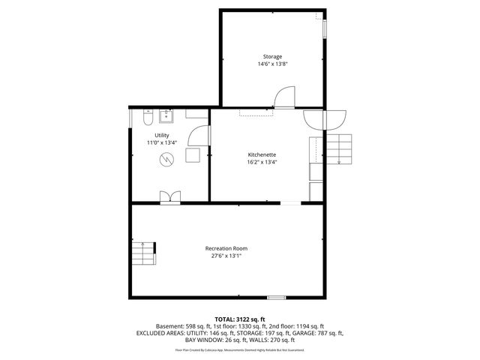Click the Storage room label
point(272,57)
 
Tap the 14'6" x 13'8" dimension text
point(272,64)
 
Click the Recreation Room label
point(226,248)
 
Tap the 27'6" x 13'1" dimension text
point(226,256)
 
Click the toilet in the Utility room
point(147,118)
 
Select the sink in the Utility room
point(166,117)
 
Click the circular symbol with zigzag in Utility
point(169,158)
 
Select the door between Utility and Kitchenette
point(199,136)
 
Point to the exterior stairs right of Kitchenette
point(341,149)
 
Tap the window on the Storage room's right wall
point(325,27)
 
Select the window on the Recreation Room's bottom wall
point(277,298)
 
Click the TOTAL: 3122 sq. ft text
point(240,319)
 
